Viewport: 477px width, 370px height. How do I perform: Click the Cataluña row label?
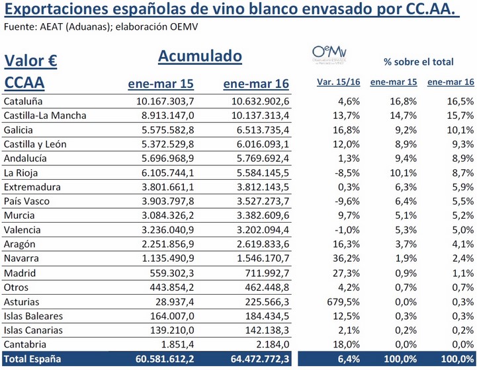click(23, 101)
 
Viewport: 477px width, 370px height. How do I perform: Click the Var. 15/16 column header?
click(339, 83)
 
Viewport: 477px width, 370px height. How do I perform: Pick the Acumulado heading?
click(200, 57)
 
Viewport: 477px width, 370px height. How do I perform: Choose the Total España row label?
click(32, 359)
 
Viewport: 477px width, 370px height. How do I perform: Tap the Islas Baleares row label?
click(34, 316)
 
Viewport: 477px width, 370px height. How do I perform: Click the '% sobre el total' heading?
click(419, 62)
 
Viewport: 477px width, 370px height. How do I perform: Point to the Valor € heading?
click(30, 61)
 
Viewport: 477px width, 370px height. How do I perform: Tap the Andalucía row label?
click(26, 159)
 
